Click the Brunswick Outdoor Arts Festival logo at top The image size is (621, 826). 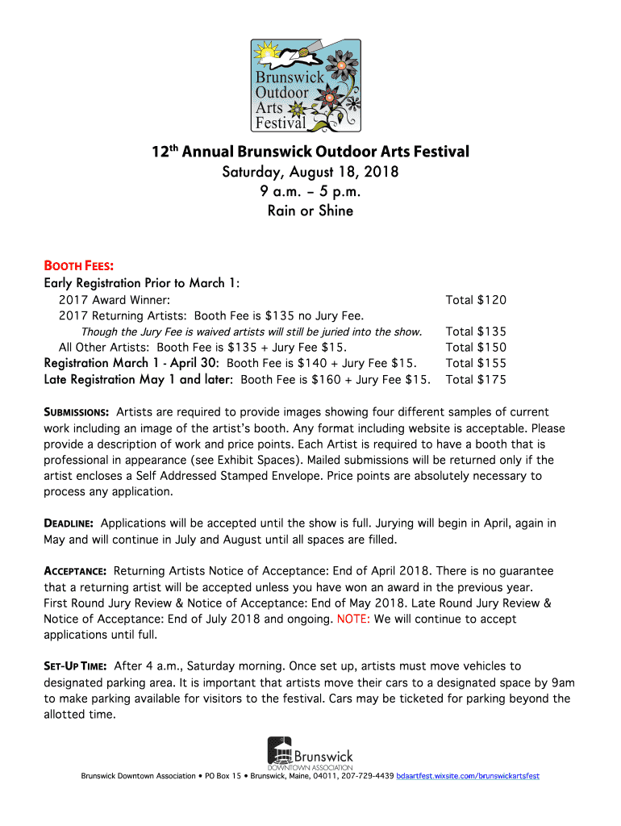pyautogui.click(x=304, y=84)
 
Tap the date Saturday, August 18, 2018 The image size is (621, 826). pyautogui.click(x=310, y=172)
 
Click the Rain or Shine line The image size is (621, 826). pyautogui.click(x=310, y=211)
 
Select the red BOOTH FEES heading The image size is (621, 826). pyautogui.click(x=78, y=265)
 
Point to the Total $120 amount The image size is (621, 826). pyautogui.click(x=476, y=299)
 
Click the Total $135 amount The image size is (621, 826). pyautogui.click(x=476, y=332)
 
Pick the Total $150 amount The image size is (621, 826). pyautogui.click(x=476, y=347)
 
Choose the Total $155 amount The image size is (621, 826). pyautogui.click(x=476, y=363)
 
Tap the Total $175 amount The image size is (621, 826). pyautogui.click(x=476, y=379)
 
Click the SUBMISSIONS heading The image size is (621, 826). pyautogui.click(x=77, y=412)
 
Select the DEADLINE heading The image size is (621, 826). pyautogui.click(x=69, y=524)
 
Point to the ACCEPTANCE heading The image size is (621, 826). pyautogui.click(x=75, y=571)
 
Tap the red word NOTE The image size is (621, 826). pyautogui.click(x=354, y=619)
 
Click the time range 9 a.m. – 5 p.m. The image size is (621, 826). pyautogui.click(x=310, y=191)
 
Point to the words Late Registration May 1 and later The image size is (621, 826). pyautogui.click(x=139, y=379)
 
